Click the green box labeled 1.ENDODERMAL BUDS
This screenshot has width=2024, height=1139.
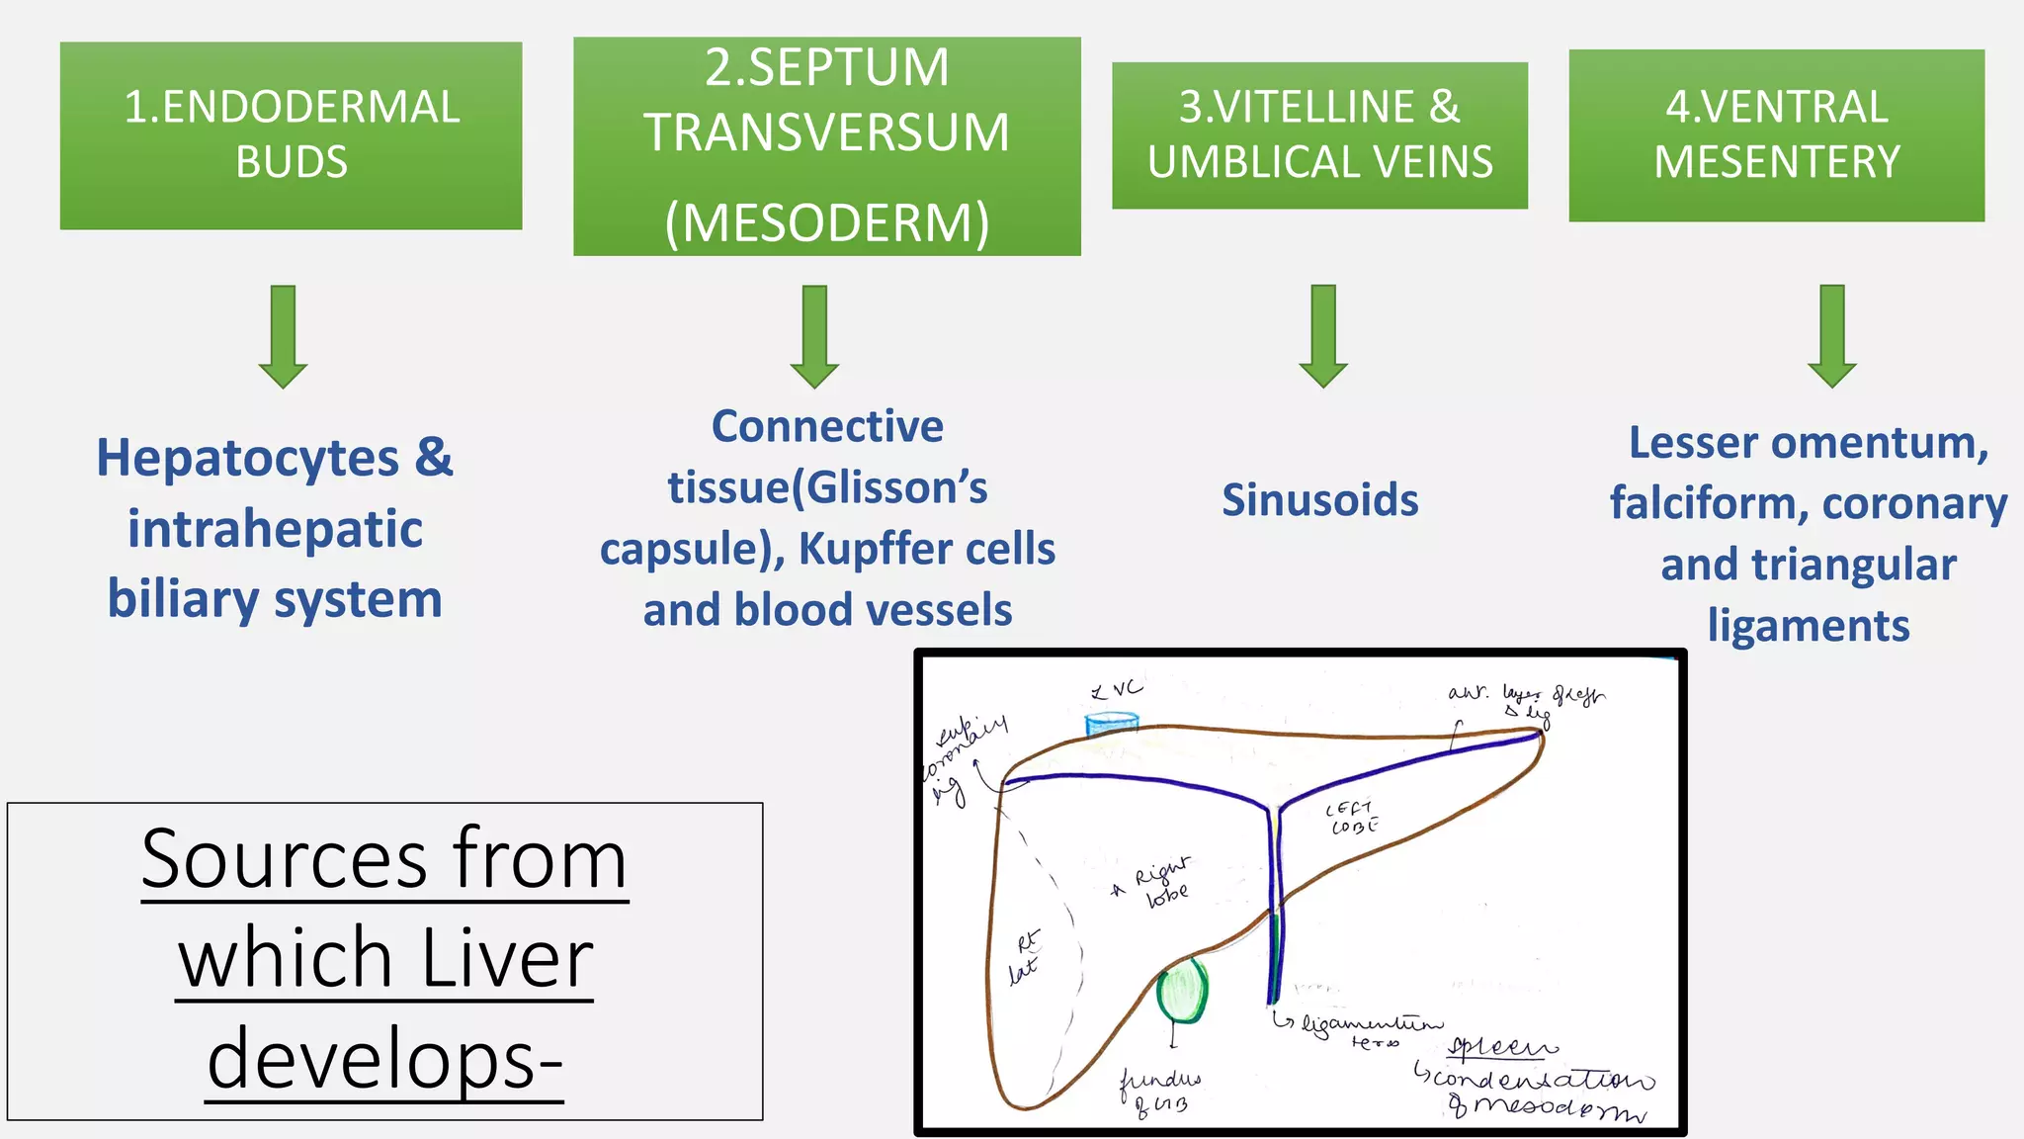coord(291,135)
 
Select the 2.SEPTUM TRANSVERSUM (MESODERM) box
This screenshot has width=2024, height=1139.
coord(826,146)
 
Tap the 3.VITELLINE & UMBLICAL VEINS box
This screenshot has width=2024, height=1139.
coord(1319,135)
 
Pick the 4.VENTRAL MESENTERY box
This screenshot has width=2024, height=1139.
coord(1776,135)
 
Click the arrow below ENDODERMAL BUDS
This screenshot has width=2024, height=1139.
coord(284,336)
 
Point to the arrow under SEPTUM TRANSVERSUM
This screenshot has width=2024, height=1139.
coord(814,336)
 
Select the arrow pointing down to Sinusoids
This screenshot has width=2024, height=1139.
coord(1323,336)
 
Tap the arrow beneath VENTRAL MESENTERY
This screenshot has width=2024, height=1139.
coord(1831,336)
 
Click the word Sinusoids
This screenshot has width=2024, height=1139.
coord(1319,500)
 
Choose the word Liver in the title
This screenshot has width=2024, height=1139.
coord(506,958)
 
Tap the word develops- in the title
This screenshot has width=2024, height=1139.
coord(384,1058)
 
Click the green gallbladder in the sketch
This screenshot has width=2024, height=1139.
coord(1182,992)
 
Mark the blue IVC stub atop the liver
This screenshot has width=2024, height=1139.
coord(1112,726)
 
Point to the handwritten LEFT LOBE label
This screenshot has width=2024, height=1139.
coord(1352,818)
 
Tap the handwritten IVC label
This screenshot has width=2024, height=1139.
coord(1117,689)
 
